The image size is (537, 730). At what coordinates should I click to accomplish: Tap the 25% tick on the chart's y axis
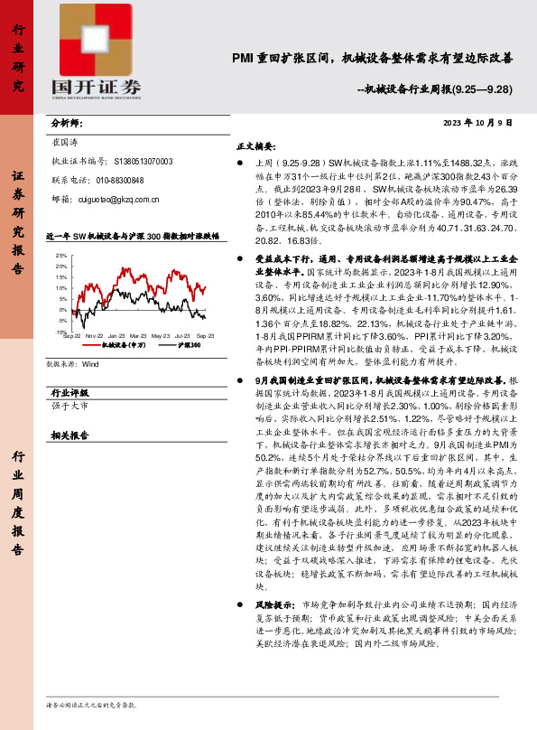pyautogui.click(x=60, y=256)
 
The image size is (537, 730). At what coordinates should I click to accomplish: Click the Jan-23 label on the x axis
pyautogui.click(x=116, y=336)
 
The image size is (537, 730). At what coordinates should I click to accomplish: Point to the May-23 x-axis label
pyautogui.click(x=161, y=336)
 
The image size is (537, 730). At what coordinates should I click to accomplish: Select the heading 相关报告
pyautogui.click(x=69, y=435)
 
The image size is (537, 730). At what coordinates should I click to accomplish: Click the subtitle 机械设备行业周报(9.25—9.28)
pyautogui.click(x=435, y=90)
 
